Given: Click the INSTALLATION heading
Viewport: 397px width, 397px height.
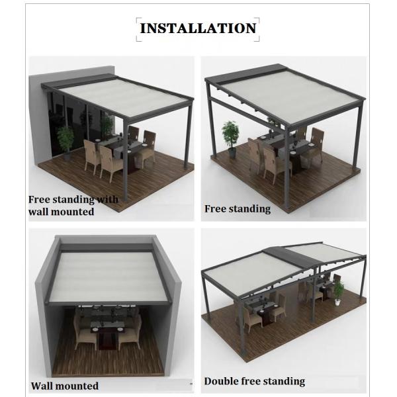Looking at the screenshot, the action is point(198,28).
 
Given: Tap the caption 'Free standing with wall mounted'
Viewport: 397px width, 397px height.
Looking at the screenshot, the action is point(73,205).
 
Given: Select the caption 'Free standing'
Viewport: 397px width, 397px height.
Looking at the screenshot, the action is point(238,209).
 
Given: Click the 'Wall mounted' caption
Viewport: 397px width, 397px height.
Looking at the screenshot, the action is point(65,386).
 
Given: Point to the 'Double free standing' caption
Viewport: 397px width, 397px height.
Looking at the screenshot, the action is point(255,381).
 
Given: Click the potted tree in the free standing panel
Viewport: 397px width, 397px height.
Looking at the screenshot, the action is point(231,140).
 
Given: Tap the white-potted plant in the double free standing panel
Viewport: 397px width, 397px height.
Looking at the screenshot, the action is point(338,292).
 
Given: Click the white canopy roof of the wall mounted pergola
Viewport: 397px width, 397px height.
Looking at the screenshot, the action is point(109,277).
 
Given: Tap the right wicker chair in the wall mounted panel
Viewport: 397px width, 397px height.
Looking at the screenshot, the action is point(130,332).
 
